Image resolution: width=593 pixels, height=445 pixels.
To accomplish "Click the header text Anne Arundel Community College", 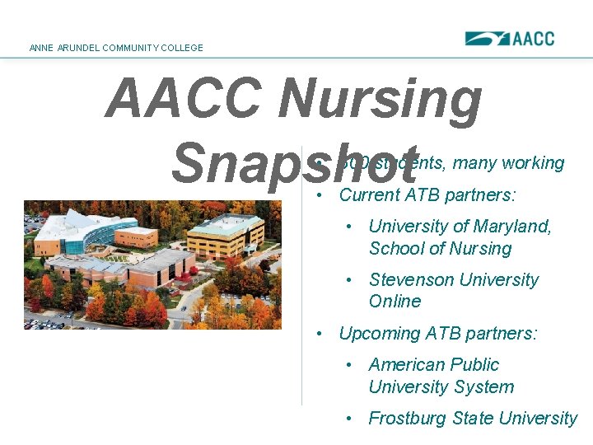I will tap(116, 48).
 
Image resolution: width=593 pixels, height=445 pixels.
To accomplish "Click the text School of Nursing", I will tap(440, 248).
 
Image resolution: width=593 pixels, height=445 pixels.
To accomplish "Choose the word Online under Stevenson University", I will tap(395, 302).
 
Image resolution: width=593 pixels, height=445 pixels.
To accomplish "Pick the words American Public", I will tap(433, 364).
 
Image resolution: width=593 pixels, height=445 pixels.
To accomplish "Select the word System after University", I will tap(486, 386).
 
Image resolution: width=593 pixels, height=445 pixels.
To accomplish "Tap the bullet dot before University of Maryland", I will tap(350, 227).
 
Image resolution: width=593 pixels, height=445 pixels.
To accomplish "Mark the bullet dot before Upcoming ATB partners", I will tap(320, 334).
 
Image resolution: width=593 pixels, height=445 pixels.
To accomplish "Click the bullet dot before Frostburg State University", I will tap(350, 419).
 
